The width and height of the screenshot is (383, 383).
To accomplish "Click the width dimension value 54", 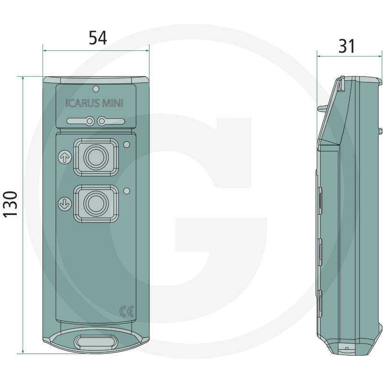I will coord(98,38).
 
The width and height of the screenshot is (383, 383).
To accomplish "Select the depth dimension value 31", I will coord(347,46).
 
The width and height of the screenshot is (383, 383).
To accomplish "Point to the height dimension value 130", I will coord(11,203).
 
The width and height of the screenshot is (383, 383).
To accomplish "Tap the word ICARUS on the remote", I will coord(80,103).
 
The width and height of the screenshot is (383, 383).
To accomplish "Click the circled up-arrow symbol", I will coord(63,156).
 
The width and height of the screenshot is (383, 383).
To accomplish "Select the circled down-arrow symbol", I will coord(63,204).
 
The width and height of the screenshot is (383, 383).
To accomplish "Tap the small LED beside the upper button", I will coord(126,145).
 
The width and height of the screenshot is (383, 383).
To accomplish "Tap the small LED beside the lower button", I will coord(126,191).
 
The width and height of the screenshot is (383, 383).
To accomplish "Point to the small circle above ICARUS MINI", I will coord(96,89).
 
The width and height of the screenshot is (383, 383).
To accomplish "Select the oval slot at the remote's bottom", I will coord(96,342).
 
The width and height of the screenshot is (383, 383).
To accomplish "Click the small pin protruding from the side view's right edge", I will coord(380,131).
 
